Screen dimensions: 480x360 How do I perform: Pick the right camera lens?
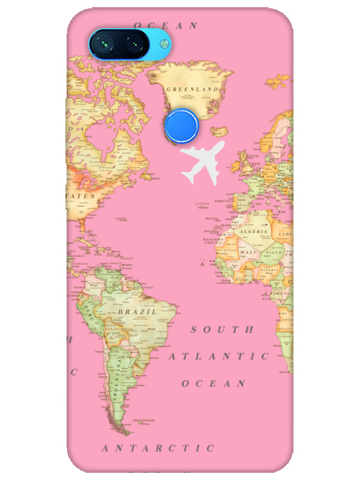pos(134,44)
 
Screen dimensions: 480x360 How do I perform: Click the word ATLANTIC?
pos(218,356)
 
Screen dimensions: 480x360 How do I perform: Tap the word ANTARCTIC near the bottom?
pos(157,448)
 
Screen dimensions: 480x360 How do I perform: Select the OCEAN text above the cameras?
pos(166,25)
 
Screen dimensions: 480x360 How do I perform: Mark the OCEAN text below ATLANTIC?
pos(214,383)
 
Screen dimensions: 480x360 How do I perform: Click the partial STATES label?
pos(81,196)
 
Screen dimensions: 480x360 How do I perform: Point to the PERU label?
pos(90,311)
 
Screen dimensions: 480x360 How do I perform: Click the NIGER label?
pos(273,253)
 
